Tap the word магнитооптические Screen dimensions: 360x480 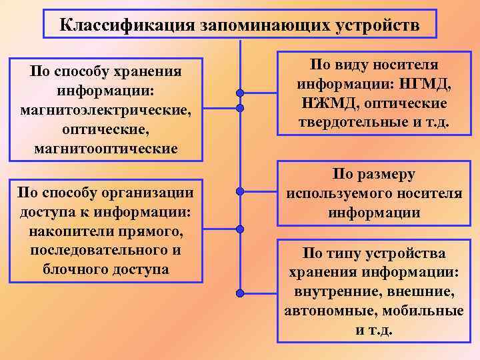coord(107,147)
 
